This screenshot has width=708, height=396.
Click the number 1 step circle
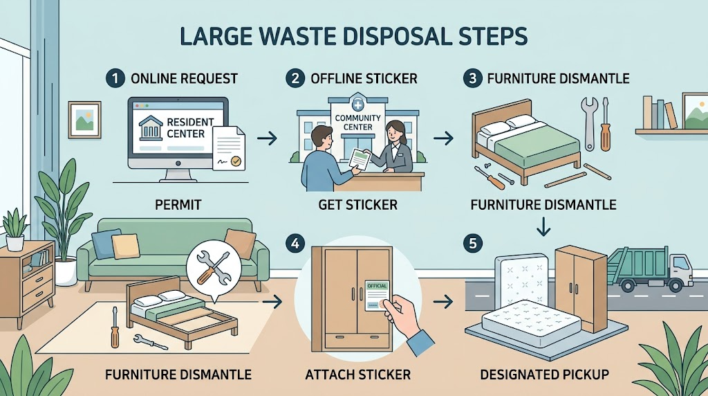pos(115,78)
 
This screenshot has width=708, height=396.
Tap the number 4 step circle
pos(295,244)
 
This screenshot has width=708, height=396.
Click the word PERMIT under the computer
pos(178,205)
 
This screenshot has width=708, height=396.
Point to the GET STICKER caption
pos(357,205)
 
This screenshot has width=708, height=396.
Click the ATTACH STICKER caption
pos(357,375)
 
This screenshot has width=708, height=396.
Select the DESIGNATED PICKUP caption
pos(544,375)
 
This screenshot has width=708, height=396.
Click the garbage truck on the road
pos(650,269)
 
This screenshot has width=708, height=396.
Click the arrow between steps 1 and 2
pos(267,138)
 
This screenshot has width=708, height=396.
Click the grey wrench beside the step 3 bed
pos(589,123)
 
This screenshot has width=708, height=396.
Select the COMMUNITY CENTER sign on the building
pos(357,123)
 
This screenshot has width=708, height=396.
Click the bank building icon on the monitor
pos(151,127)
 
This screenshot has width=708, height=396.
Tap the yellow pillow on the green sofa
pos(126,246)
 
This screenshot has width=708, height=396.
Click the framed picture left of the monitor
pos(84,120)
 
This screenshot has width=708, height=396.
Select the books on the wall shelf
pos(660,113)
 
